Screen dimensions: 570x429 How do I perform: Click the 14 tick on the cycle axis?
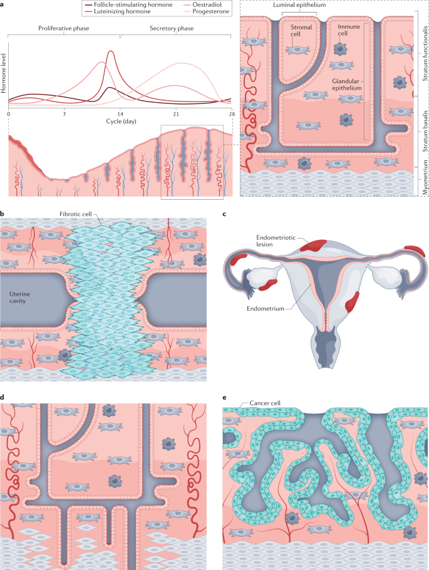pyautogui.click(x=120, y=115)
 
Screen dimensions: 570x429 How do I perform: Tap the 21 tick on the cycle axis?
pyautogui.click(x=176, y=115)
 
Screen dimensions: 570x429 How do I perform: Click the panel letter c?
pyautogui.click(x=224, y=214)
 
